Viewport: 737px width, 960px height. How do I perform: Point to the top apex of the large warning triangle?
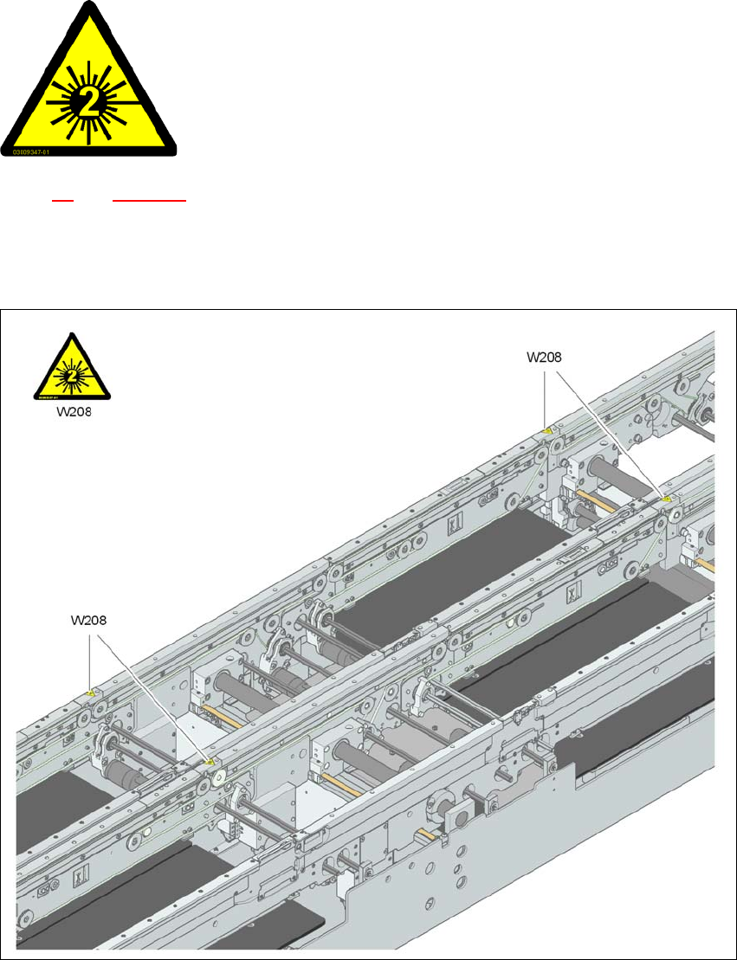[88, 4]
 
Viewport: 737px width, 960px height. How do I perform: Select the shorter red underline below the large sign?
[62, 200]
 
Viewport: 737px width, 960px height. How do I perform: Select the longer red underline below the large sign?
[150, 200]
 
